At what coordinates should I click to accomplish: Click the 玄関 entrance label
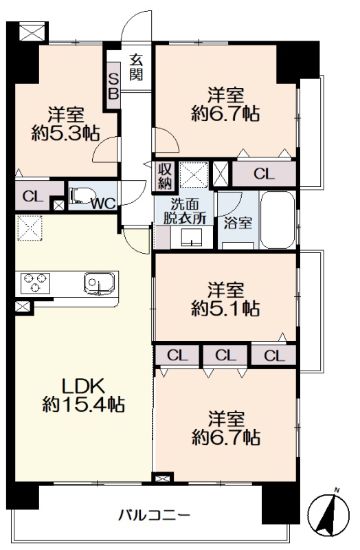pyautogui.click(x=136, y=67)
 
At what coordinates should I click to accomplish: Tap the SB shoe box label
pyautogui.click(x=113, y=86)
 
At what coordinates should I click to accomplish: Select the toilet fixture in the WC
pyautogui.click(x=82, y=195)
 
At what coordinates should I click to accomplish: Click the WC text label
pyautogui.click(x=103, y=203)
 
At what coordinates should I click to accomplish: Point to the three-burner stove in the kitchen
pyautogui.click(x=35, y=282)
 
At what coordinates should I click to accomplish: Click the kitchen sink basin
pyautogui.click(x=99, y=283)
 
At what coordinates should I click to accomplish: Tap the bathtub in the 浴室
pyautogui.click(x=278, y=219)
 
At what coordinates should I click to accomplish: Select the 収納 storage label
pyautogui.click(x=164, y=177)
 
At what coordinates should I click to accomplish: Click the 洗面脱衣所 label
pyautogui.click(x=184, y=212)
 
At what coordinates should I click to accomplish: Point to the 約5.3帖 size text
pyautogui.click(x=65, y=133)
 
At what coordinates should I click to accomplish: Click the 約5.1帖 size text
pyautogui.click(x=225, y=309)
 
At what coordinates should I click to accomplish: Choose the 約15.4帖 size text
pyautogui.click(x=83, y=404)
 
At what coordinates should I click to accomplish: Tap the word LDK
pyautogui.click(x=83, y=386)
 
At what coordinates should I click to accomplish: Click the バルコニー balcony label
pyautogui.click(x=154, y=515)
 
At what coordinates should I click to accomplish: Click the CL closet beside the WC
pyautogui.click(x=32, y=197)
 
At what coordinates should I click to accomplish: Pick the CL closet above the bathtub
pyautogui.click(x=264, y=174)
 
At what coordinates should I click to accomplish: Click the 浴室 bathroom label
pyautogui.click(x=238, y=223)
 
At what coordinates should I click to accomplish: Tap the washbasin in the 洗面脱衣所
pyautogui.click(x=191, y=237)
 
